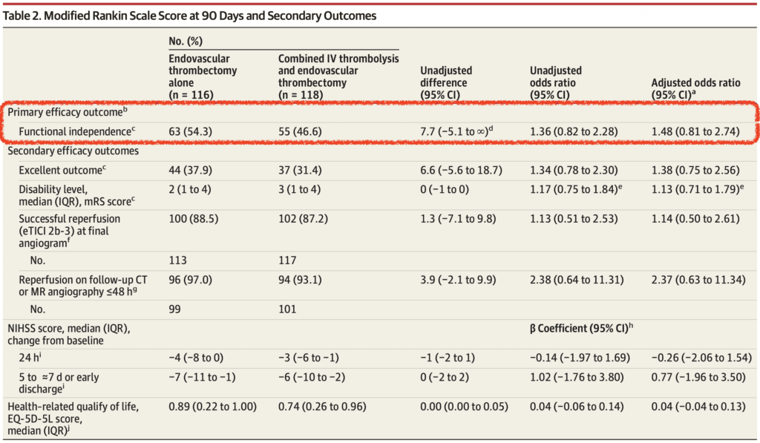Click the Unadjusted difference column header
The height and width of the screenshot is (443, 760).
point(446,82)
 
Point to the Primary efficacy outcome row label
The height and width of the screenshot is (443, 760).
point(65,111)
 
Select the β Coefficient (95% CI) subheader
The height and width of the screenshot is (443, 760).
point(583,327)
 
